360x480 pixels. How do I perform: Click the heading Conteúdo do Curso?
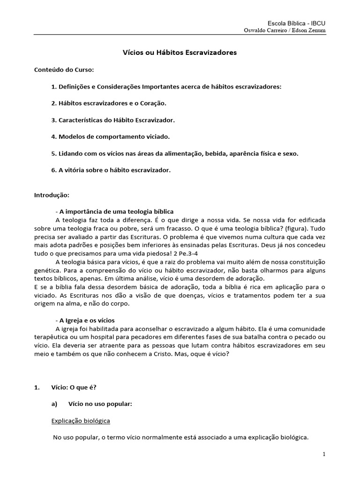click(64, 70)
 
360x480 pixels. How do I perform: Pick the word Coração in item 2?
click(151, 103)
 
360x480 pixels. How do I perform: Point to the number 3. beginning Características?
click(54, 120)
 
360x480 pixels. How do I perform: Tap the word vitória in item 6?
click(75, 170)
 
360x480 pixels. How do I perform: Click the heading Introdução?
click(52, 195)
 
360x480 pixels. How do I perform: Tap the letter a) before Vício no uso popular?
click(54, 404)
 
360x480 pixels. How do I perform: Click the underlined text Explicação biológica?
click(81, 421)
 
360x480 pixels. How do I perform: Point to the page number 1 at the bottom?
click(324, 455)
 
